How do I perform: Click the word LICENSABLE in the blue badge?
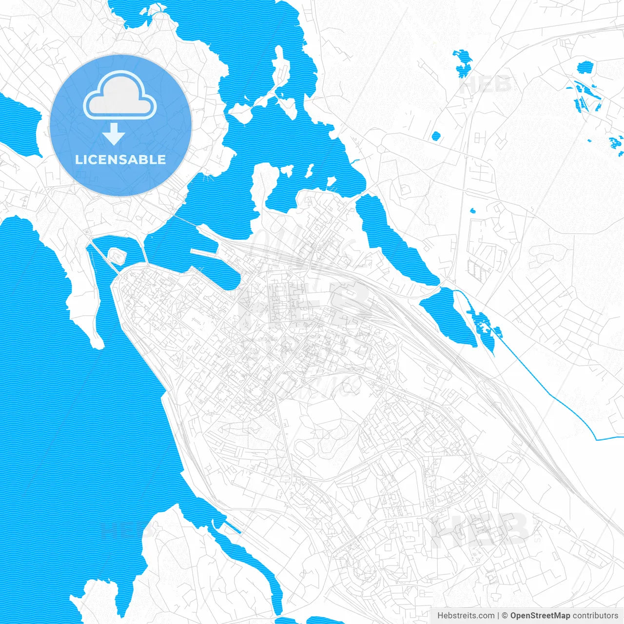[120, 159]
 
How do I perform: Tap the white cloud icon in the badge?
[119, 97]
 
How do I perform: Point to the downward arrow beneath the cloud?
[114, 134]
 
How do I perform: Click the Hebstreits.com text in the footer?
[466, 616]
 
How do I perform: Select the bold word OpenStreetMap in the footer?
[540, 616]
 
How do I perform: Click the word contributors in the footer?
[595, 616]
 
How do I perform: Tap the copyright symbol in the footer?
[505, 616]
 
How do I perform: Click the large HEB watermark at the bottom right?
[480, 529]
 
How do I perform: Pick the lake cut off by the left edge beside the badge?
[19, 124]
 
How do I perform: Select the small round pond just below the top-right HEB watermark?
[436, 136]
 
